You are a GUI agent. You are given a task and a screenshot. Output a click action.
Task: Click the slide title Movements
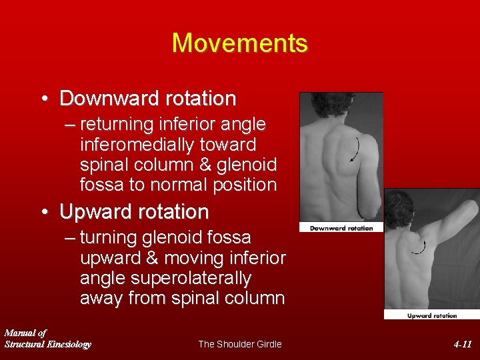(240, 43)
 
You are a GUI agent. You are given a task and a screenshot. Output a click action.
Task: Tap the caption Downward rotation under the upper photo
(341, 228)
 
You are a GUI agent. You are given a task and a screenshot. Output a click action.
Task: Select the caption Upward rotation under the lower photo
(431, 315)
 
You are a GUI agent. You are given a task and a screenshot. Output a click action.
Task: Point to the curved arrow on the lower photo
(419, 247)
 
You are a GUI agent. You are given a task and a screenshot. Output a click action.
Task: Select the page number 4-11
(462, 345)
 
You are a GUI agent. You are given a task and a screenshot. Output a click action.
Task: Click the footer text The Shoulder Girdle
(240, 344)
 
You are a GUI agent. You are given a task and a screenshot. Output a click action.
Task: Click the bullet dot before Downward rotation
(44, 99)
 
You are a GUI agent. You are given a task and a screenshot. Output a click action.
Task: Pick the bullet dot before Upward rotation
(44, 213)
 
